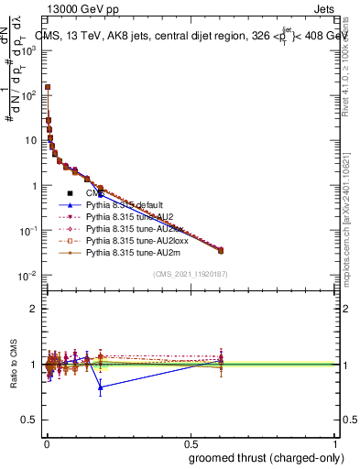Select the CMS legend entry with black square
[x=92, y=193]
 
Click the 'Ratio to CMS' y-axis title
[x=12, y=365]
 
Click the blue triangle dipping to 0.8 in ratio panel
[x=101, y=387]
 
